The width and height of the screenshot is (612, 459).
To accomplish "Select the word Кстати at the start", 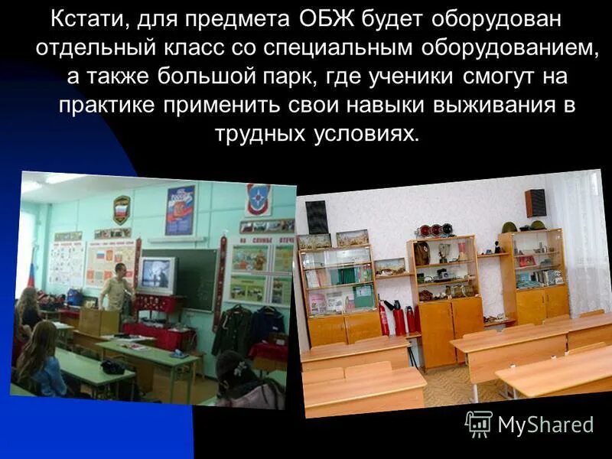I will [84, 17].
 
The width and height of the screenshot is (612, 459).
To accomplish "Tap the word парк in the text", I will [295, 77].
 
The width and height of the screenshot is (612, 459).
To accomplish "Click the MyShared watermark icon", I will [479, 423].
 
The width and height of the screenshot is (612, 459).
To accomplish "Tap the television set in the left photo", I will [157, 275].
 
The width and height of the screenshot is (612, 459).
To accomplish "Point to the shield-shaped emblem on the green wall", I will [122, 207].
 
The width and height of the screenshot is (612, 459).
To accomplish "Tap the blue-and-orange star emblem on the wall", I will [258, 200].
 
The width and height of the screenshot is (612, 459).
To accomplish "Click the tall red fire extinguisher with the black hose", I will [398, 317].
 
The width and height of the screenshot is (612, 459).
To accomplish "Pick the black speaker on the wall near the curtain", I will [535, 203].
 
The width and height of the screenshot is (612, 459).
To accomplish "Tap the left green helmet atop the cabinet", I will [509, 227].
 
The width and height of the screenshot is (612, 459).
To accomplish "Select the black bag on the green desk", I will [113, 366].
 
